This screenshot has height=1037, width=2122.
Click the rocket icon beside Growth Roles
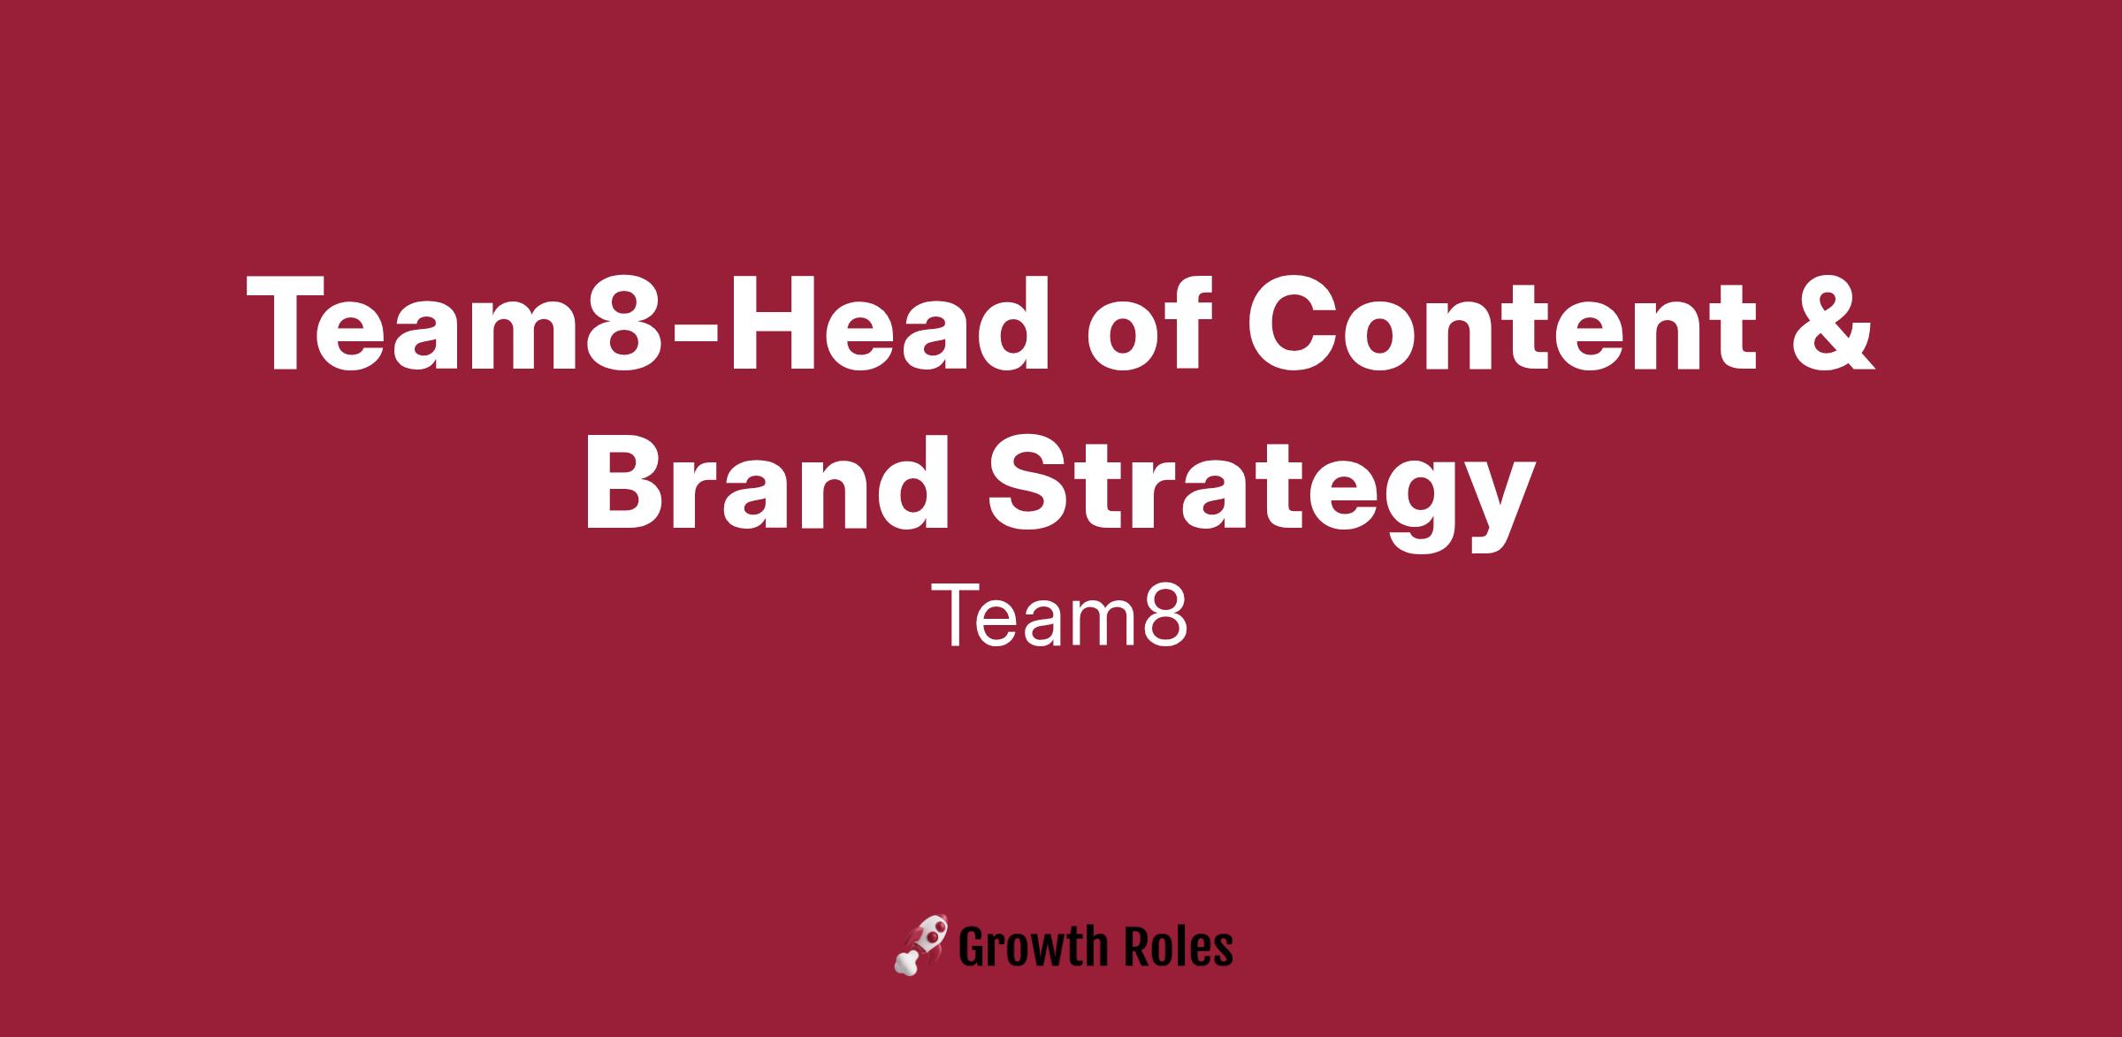pos(920,944)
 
